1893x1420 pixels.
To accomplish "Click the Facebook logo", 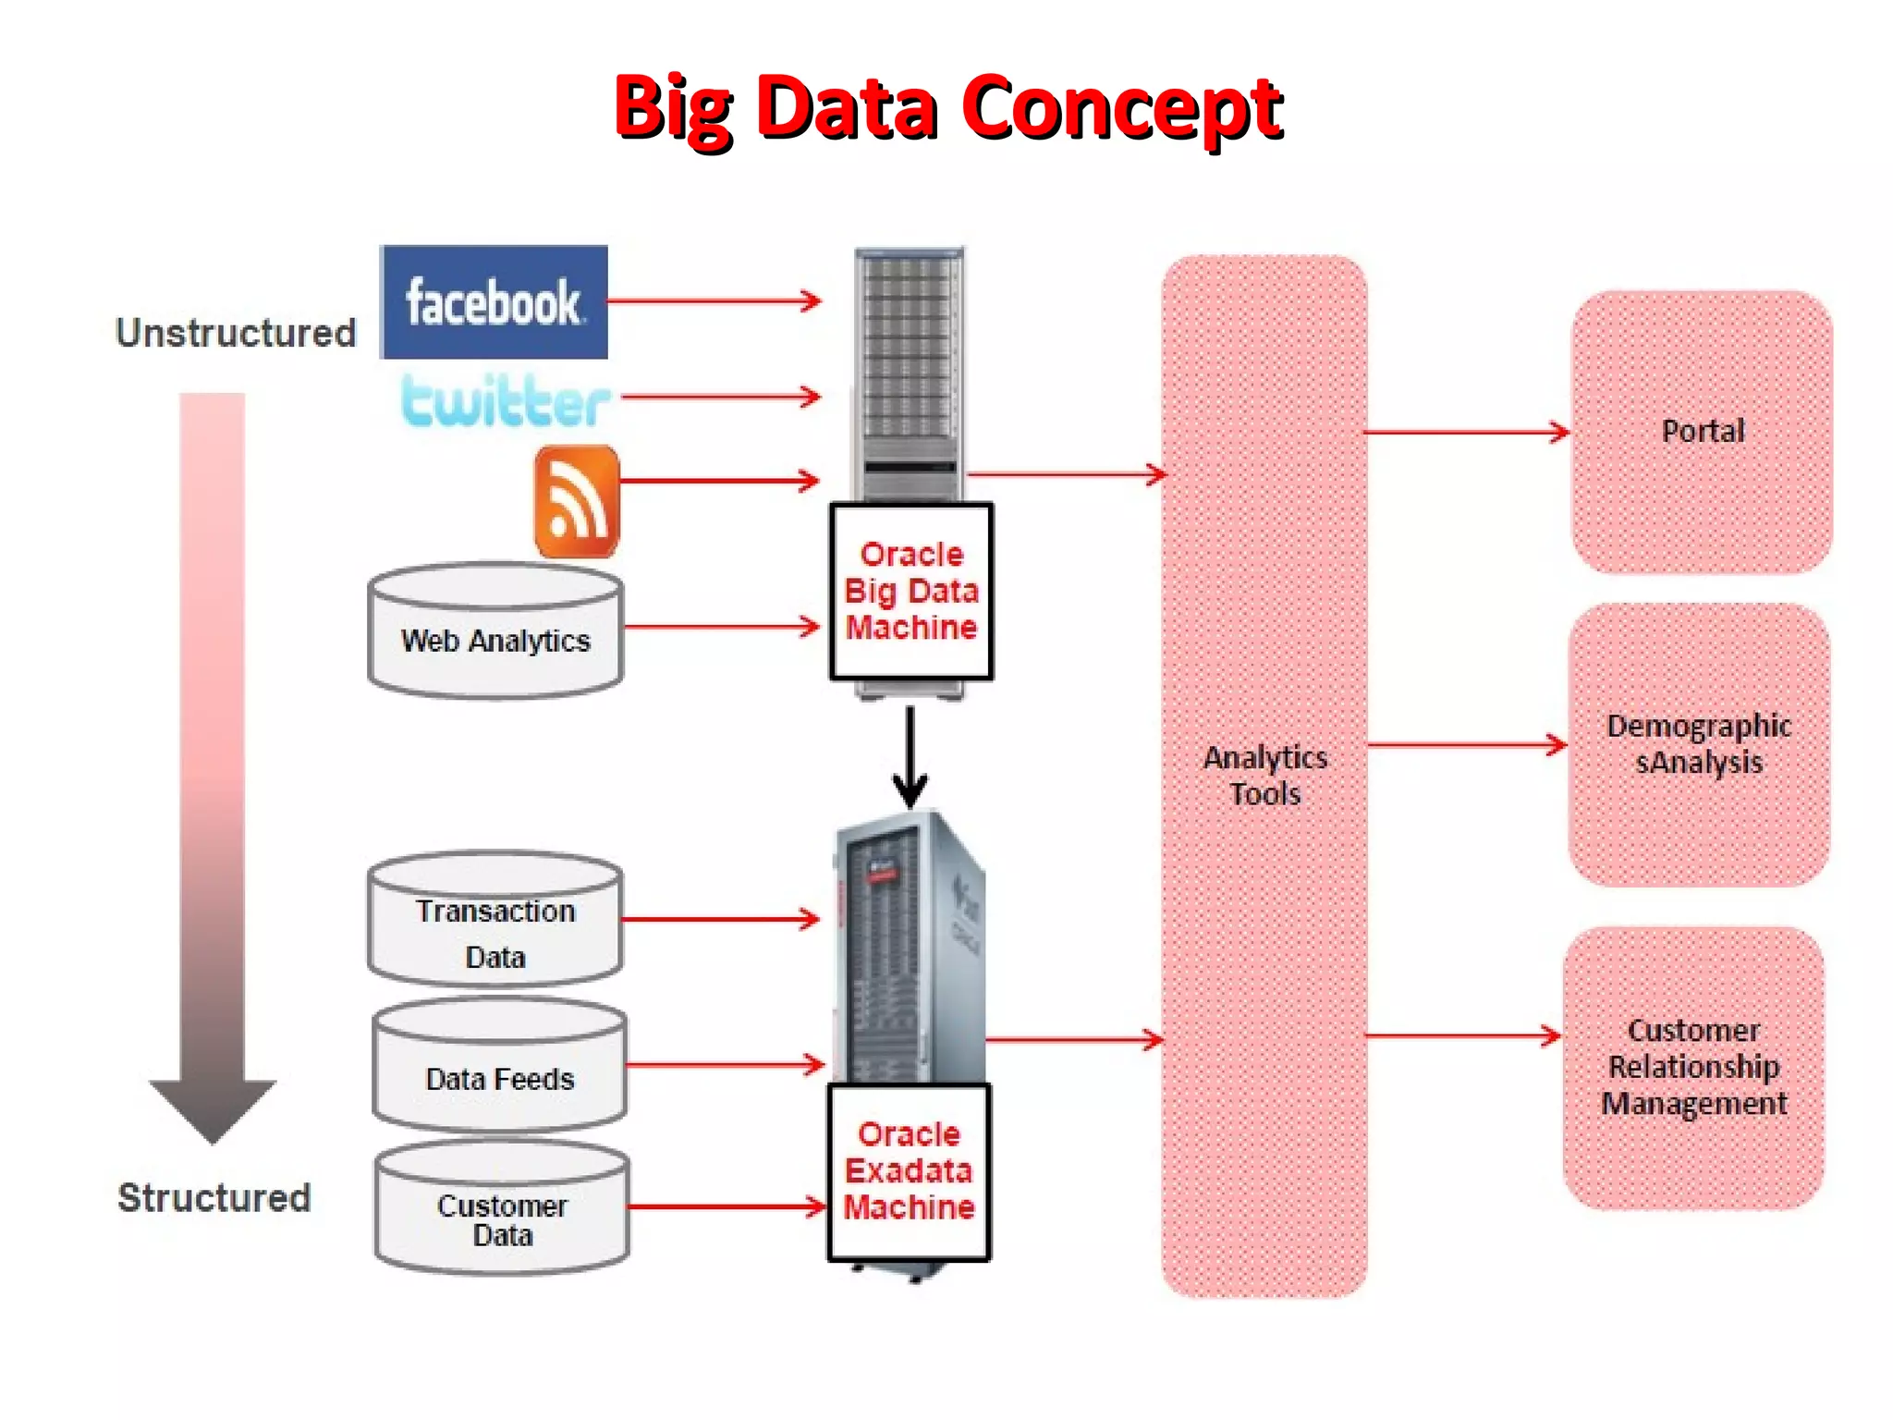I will pos(494,301).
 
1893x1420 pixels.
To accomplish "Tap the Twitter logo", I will pos(506,401).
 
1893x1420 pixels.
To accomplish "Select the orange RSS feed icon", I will pos(577,501).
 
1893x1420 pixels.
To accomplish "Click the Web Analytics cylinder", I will pos(495,632).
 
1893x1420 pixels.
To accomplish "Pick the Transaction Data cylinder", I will pos(495,921).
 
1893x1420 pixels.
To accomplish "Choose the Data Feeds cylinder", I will pos(499,1067).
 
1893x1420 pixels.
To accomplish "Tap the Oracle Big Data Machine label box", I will pos(911,592).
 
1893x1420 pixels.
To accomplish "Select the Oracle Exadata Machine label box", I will pos(910,1171).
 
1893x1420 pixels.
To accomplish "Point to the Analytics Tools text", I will pos(1264,775).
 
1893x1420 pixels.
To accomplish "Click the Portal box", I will pos(1702,432).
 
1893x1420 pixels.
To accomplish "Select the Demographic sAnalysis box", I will pos(1699,744).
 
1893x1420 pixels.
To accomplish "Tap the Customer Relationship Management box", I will pos(1693,1068).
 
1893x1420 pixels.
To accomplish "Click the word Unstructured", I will pos(236,333).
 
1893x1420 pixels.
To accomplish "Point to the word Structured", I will pos(214,1197).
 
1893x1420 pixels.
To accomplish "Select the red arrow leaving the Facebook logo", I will pos(713,300).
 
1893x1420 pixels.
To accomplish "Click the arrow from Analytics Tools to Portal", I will pos(1466,432).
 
